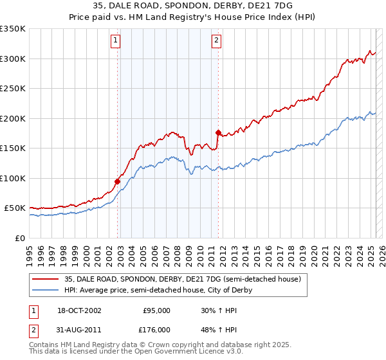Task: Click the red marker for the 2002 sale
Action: (x=118, y=181)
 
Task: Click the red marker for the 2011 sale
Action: (x=219, y=133)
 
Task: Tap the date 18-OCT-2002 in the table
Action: (x=79, y=310)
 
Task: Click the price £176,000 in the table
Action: (x=156, y=329)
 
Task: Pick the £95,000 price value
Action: (x=156, y=310)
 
